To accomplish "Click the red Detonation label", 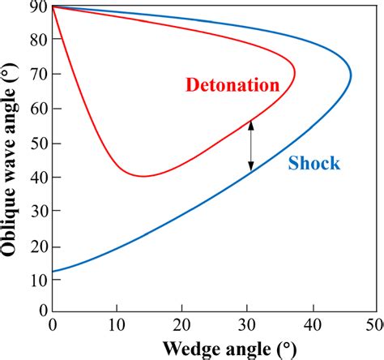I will pyautogui.click(x=232, y=84).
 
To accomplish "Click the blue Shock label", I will pyautogui.click(x=314, y=163).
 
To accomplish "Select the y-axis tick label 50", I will pyautogui.click(x=36, y=142).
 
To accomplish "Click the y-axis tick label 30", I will pyautogui.click(x=36, y=209).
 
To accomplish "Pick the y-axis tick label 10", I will pyautogui.click(x=36, y=277).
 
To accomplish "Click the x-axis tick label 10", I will pyautogui.click(x=117, y=325).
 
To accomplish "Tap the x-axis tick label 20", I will pyautogui.click(x=183, y=325).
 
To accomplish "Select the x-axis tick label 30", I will pyautogui.click(x=248, y=325).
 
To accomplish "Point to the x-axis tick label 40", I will pyautogui.click(x=314, y=325).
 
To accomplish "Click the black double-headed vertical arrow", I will pyautogui.click(x=250, y=146).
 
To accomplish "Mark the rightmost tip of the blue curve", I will pyautogui.click(x=351, y=77).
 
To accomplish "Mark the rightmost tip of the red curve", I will pyautogui.click(x=294, y=77).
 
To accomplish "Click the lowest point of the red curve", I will pyautogui.click(x=143, y=176).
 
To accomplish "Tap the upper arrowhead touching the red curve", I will pyautogui.click(x=250, y=124).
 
